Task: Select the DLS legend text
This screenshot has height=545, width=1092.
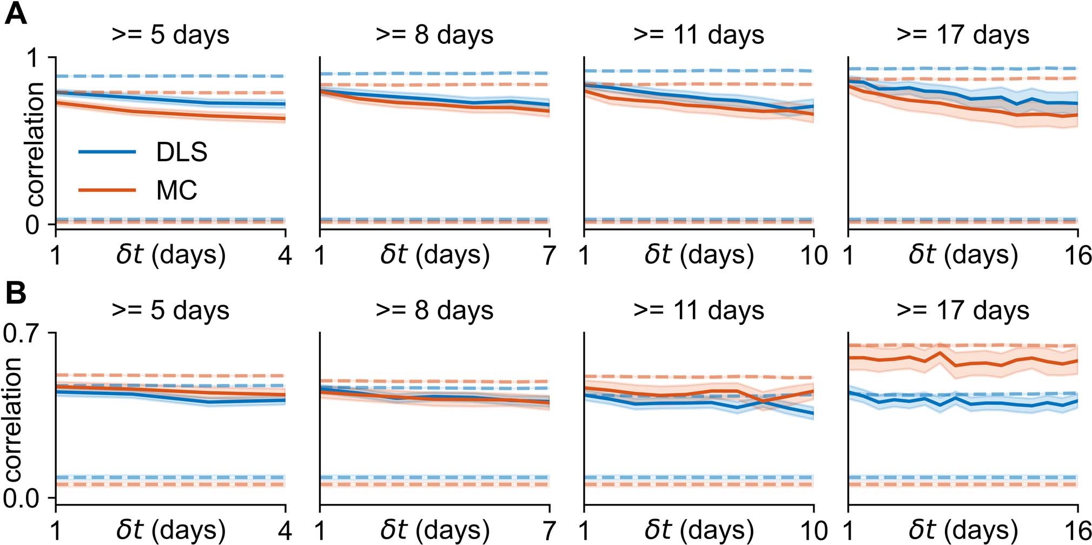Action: (x=181, y=152)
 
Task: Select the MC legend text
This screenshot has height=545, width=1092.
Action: (x=176, y=191)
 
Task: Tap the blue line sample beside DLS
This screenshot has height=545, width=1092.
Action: (x=107, y=152)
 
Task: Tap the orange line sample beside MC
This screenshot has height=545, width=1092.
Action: (x=107, y=190)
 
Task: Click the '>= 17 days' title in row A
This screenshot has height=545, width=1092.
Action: (x=963, y=35)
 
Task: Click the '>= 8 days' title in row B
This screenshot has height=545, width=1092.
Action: (x=434, y=310)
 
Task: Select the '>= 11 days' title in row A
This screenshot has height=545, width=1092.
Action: (x=698, y=35)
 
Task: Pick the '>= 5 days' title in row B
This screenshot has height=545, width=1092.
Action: (x=170, y=310)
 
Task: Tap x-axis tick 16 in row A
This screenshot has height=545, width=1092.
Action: (x=1077, y=255)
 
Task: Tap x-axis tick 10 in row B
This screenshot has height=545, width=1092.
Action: (x=813, y=529)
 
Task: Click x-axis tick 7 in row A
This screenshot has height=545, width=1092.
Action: (x=549, y=255)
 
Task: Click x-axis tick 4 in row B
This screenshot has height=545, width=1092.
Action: (x=285, y=529)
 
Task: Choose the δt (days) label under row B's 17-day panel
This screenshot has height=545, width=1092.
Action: (x=963, y=529)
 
